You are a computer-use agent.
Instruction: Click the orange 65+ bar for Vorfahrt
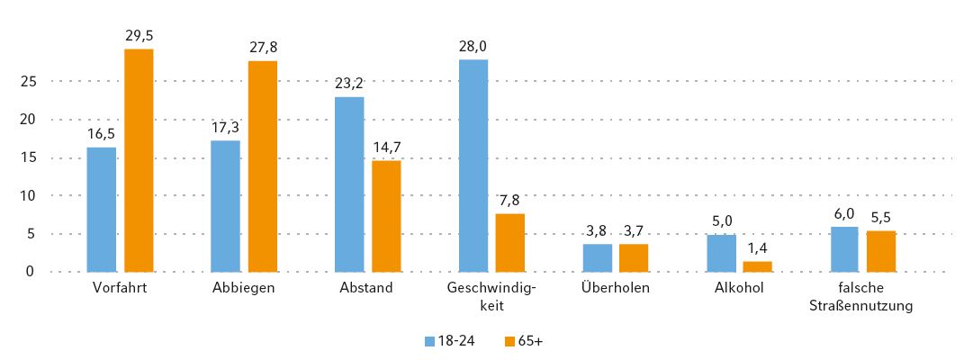139,160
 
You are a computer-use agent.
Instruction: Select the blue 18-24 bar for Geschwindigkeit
473,166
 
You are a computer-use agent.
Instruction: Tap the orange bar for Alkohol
757,266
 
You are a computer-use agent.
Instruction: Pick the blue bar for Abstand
349,184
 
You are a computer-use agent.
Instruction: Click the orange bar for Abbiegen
263,166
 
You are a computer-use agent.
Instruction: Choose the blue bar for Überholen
598,257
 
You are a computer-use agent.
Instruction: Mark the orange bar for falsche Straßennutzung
881,251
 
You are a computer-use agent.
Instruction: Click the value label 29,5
139,36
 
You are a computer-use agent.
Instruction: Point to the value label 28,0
473,47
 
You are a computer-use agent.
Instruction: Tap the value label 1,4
757,248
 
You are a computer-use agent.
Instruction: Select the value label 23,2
349,84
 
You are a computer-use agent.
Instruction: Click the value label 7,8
510,200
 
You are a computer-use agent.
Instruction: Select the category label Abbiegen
244,289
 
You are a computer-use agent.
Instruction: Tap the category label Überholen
616,289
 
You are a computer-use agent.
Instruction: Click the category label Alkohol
739,289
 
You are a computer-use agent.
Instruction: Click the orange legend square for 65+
509,341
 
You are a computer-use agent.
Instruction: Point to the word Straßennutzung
862,305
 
